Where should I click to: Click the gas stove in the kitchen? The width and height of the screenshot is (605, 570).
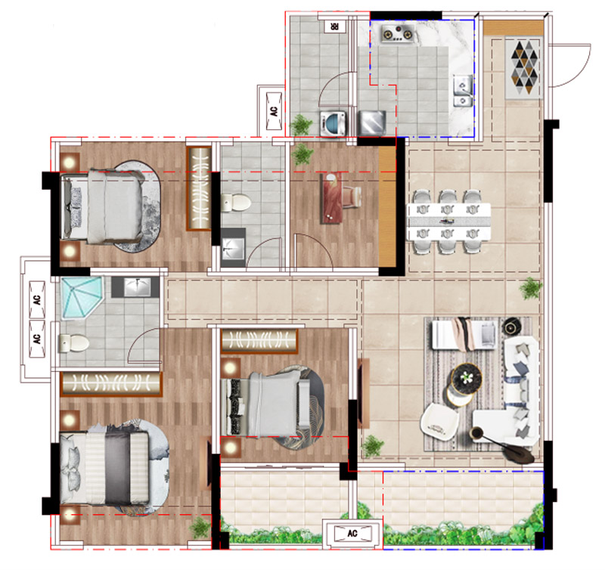tap(399, 33)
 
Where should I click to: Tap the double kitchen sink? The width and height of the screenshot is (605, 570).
tap(463, 91)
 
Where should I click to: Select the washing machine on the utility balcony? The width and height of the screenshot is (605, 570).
tap(333, 123)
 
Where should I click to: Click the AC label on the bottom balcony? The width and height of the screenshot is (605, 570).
tap(352, 534)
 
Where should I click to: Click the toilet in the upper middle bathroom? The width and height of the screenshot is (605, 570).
tap(236, 203)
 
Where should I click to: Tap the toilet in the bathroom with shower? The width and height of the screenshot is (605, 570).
tap(73, 343)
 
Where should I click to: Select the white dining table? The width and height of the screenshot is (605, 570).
tap(448, 221)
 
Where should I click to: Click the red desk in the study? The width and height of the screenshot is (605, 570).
tap(331, 198)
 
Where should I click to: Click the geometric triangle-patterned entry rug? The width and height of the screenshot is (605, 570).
tap(524, 68)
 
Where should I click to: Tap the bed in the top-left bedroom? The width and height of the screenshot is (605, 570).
tap(102, 207)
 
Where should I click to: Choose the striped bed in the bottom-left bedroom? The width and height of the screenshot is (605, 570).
tap(104, 468)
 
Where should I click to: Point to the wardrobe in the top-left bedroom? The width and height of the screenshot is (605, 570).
tap(199, 188)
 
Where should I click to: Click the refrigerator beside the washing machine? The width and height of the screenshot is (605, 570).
tap(372, 122)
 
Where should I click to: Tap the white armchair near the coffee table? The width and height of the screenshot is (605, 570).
tap(439, 422)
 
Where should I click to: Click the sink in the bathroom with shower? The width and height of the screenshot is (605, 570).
tap(135, 287)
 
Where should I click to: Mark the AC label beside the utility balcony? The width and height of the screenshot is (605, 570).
tap(274, 111)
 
